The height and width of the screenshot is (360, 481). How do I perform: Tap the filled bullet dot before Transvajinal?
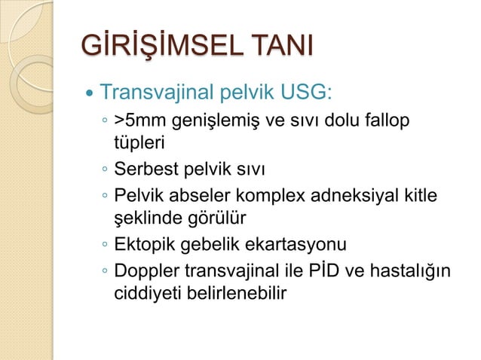click(x=90, y=96)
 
